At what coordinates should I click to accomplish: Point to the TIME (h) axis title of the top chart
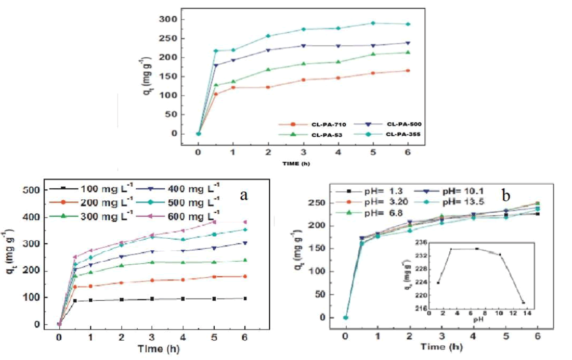coord(302,163)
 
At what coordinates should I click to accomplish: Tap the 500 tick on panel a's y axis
coord(33,190)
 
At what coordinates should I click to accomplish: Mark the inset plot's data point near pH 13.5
coord(523,302)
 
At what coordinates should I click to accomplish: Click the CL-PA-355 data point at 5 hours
coord(373,23)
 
